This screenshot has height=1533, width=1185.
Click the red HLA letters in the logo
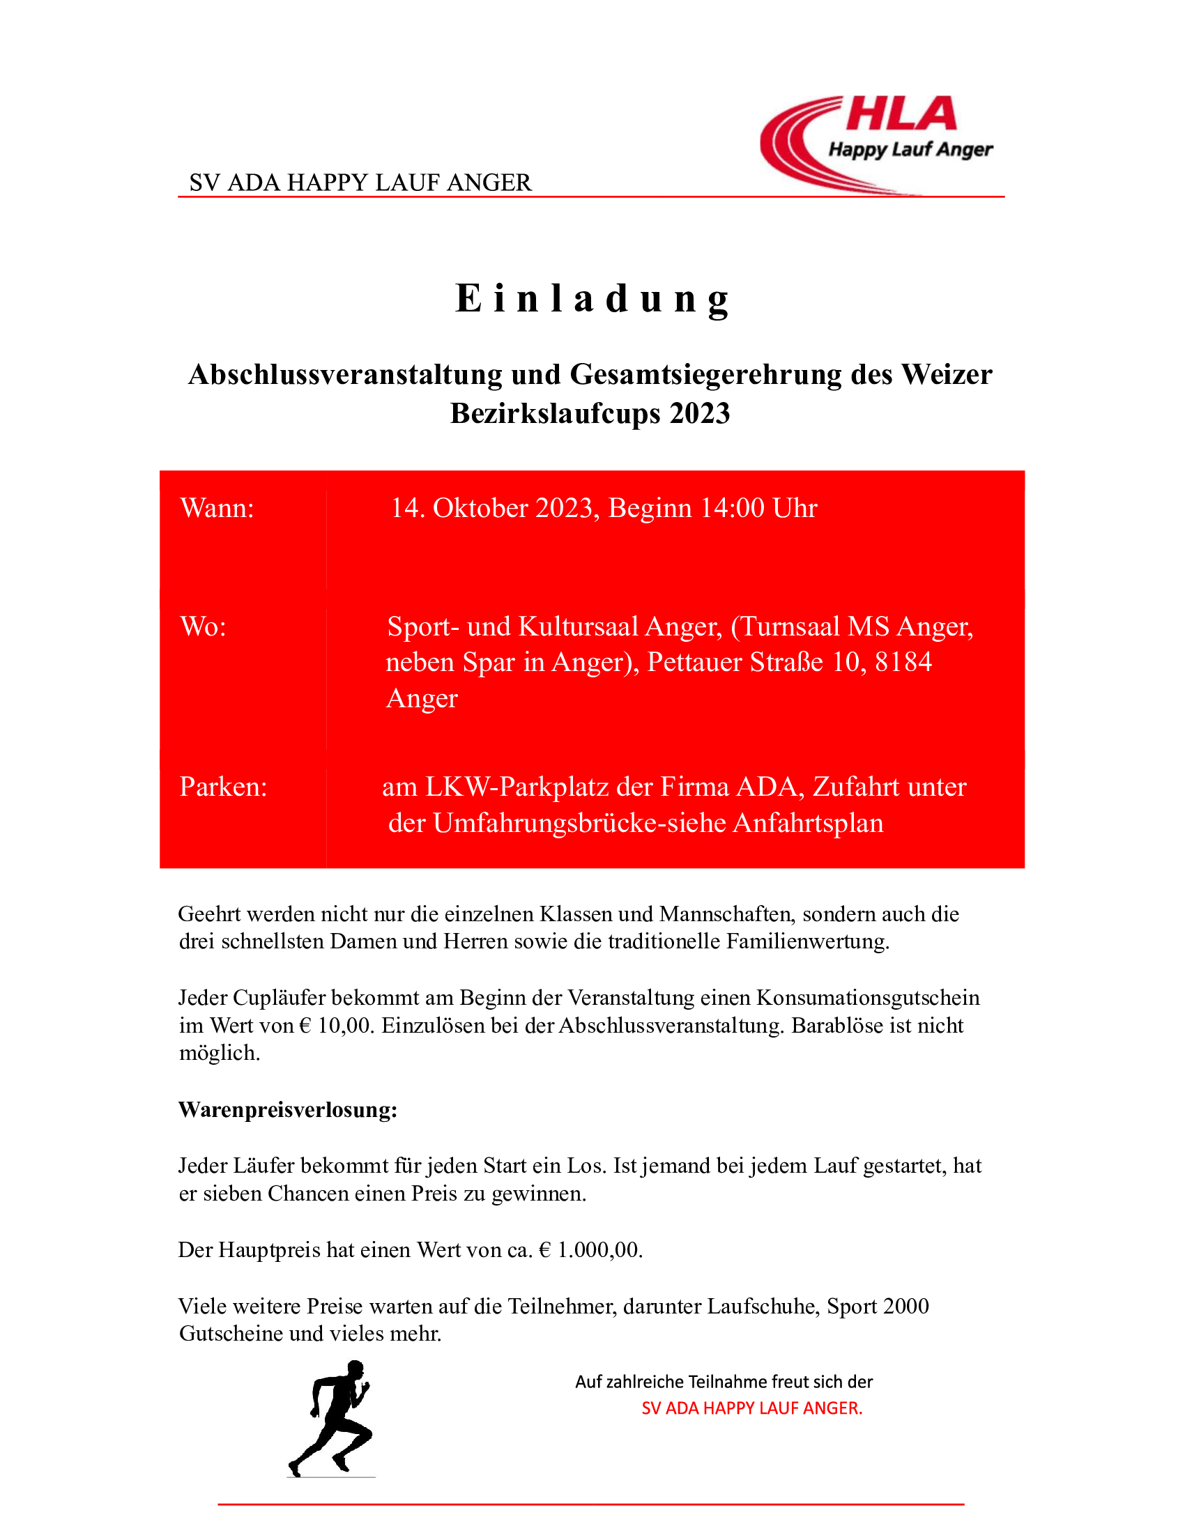[901, 114]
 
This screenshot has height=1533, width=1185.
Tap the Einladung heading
[592, 298]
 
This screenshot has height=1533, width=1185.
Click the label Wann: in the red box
[217, 508]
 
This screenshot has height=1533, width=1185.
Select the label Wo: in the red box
[203, 626]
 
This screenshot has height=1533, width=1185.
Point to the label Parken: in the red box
[223, 787]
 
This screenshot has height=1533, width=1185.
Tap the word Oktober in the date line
[480, 508]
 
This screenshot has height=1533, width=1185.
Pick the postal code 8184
[903, 662]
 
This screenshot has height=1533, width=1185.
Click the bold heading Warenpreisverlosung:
[288, 1110]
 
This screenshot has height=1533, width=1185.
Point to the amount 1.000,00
[600, 1250]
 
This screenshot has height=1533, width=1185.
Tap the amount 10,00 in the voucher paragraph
[344, 1026]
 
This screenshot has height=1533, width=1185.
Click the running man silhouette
[332, 1418]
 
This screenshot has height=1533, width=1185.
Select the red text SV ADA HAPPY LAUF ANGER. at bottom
[752, 1408]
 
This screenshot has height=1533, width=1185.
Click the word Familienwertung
[807, 941]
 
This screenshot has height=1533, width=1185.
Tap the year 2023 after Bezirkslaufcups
[699, 413]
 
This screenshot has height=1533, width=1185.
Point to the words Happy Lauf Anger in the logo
[910, 150]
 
